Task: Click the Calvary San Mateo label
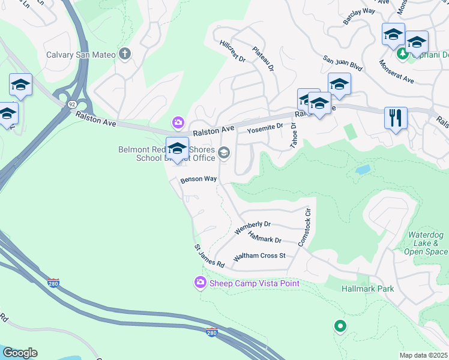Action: [81, 55]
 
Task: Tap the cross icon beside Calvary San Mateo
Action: [125, 55]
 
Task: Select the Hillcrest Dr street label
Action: [233, 51]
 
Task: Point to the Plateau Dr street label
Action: [263, 58]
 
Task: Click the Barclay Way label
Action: [359, 11]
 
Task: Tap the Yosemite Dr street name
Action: [265, 127]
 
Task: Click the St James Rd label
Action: [209, 256]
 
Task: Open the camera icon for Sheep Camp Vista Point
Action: [199, 282]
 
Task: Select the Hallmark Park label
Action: [368, 289]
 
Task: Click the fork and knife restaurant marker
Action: [396, 118]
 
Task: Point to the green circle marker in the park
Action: [340, 326]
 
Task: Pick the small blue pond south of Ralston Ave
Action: [362, 170]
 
